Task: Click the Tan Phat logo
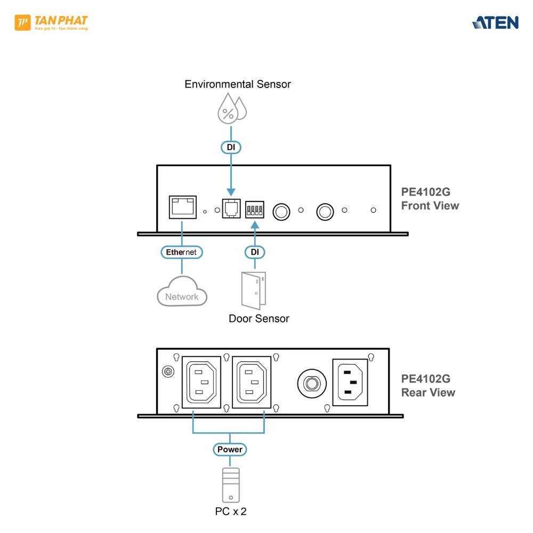tap(51, 23)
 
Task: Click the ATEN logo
tap(495, 22)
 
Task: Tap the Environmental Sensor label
tap(238, 84)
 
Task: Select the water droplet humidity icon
tap(231, 109)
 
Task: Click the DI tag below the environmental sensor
tap(231, 147)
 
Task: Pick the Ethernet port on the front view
tap(182, 207)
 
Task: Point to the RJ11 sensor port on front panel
tap(231, 208)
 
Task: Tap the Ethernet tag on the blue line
tap(182, 252)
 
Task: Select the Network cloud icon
tap(182, 292)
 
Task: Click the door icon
tap(254, 290)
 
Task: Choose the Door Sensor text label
tap(259, 319)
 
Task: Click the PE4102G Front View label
tap(430, 199)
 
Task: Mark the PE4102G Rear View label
tap(428, 385)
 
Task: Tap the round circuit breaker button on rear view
tap(311, 383)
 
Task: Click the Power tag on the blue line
tap(230, 449)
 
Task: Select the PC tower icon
tap(230, 484)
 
